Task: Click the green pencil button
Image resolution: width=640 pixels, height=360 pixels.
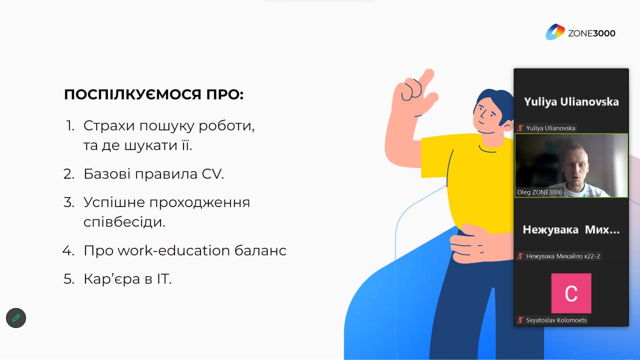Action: (16, 317)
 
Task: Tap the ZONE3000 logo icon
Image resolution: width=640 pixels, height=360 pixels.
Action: (555, 32)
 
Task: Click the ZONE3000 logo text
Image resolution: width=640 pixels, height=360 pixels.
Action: (591, 33)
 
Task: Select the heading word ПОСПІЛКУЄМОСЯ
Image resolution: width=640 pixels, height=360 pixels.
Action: (133, 94)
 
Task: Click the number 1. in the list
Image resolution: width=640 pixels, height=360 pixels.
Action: (70, 125)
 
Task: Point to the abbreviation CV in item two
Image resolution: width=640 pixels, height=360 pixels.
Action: (212, 173)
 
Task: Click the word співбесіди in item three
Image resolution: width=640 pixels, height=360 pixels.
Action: (124, 221)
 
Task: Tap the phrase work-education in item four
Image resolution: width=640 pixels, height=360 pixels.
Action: (173, 250)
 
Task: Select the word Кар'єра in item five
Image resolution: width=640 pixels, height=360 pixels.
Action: (111, 279)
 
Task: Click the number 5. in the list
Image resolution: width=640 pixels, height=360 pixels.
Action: (69, 279)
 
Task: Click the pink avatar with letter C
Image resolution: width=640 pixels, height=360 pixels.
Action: (571, 293)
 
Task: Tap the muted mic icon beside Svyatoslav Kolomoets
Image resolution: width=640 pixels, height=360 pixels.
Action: (520, 320)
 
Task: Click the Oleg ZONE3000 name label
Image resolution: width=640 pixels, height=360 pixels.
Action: (539, 192)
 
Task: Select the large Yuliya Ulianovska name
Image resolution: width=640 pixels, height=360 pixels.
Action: (571, 101)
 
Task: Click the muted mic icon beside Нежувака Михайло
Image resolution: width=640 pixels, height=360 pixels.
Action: (520, 256)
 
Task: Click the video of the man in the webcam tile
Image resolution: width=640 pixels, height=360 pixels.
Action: (571, 165)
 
